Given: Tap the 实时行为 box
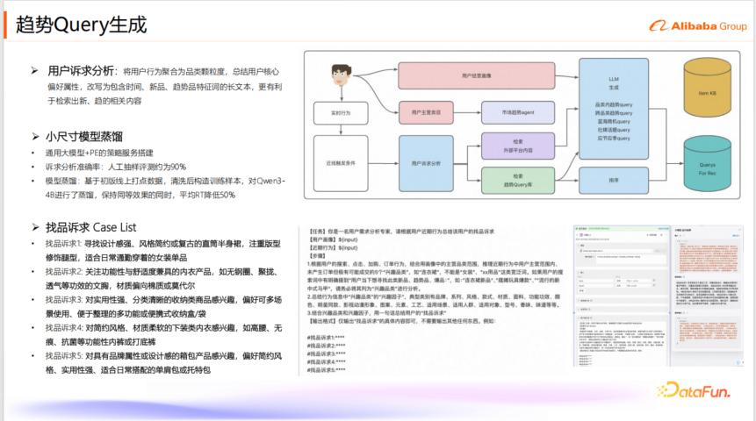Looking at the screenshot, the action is [x=341, y=113].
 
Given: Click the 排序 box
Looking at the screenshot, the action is [x=613, y=181].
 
